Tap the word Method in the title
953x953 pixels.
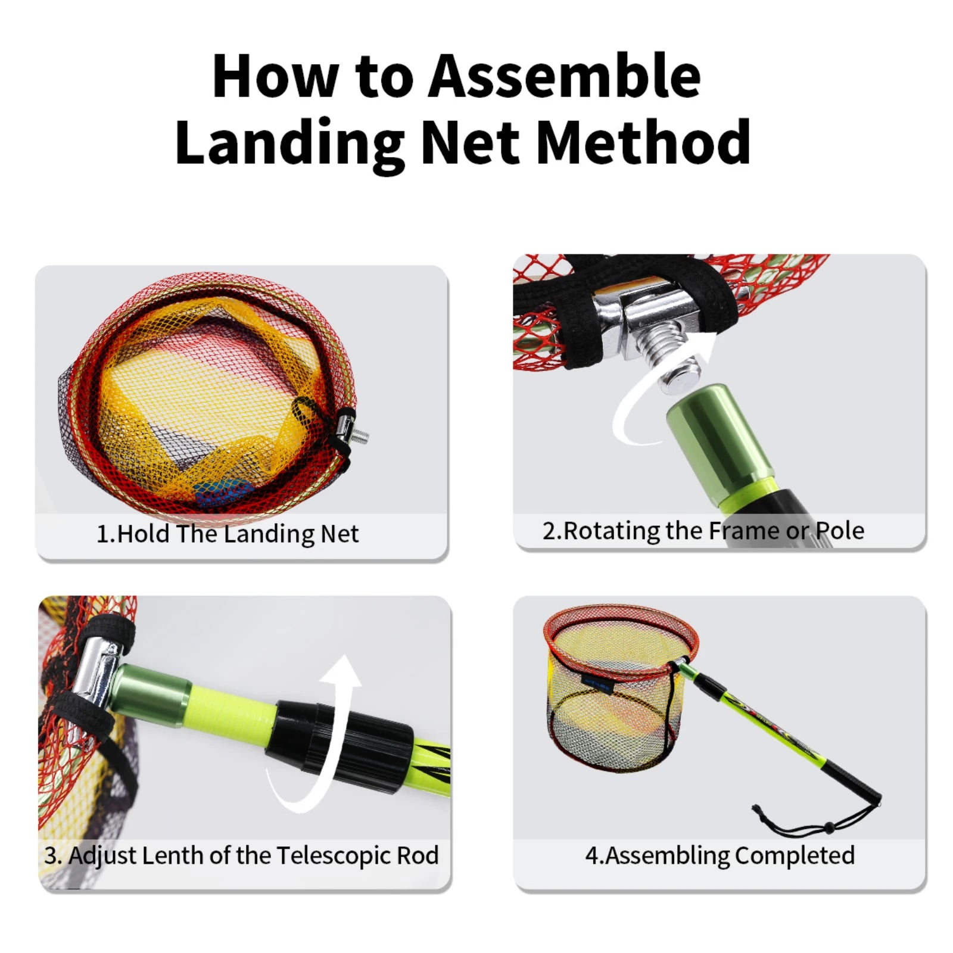tap(643, 143)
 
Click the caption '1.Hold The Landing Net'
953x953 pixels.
tap(228, 534)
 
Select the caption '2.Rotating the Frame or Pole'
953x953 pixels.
tap(703, 531)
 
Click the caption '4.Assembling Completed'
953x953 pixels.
tap(720, 855)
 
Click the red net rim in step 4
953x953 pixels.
tap(619, 613)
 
